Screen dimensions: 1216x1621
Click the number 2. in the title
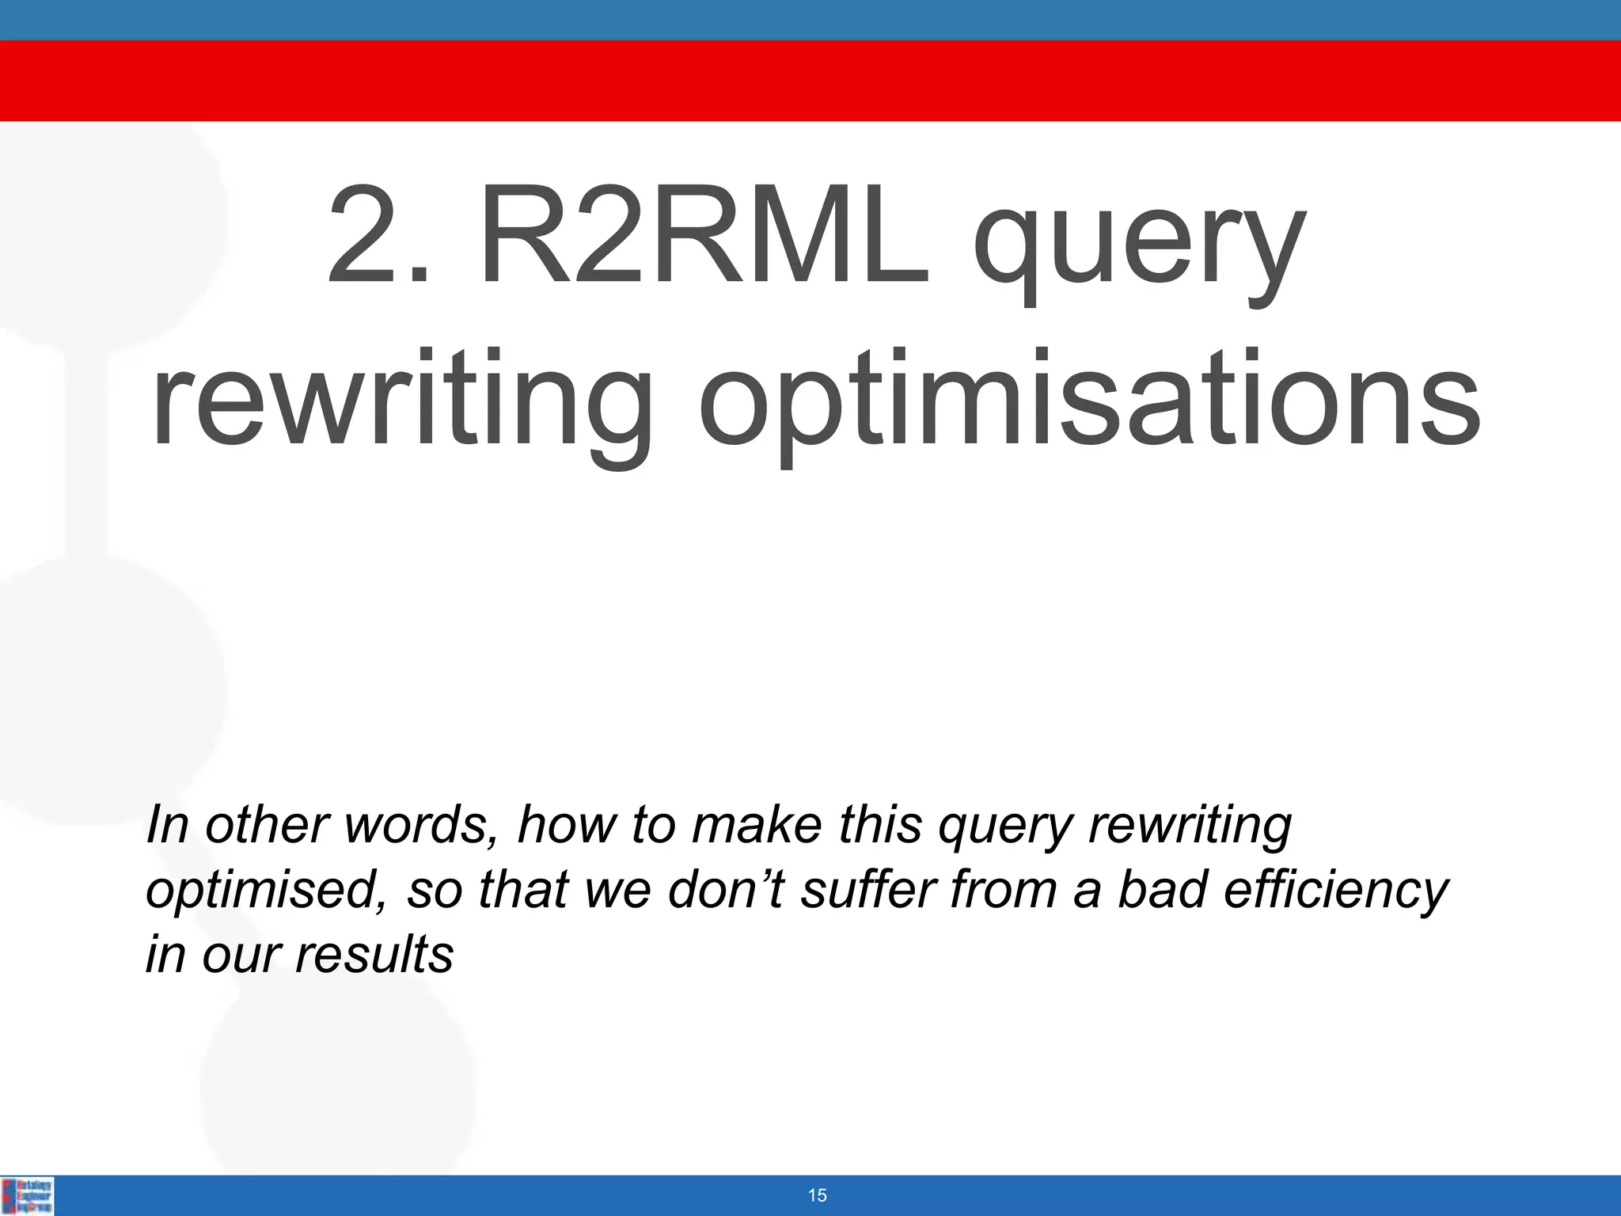click(379, 237)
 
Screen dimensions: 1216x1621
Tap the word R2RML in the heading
click(704, 237)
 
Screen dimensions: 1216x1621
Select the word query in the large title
click(1138, 245)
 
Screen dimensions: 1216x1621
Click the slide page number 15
click(818, 1195)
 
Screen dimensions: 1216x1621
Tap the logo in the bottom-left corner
click(28, 1195)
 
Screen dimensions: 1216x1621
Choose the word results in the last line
click(374, 954)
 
